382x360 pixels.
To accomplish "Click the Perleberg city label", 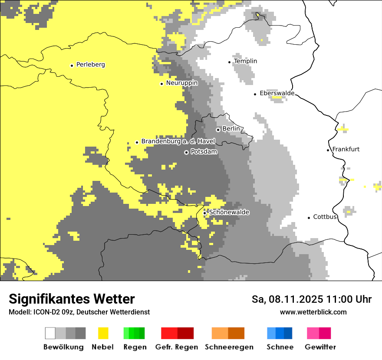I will click(x=90, y=65).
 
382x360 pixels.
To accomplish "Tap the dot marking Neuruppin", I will click(x=161, y=84).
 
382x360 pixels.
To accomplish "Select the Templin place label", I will click(x=245, y=61).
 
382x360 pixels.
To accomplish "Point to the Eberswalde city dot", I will click(x=255, y=94).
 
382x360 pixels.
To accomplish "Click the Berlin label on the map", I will click(x=231, y=129).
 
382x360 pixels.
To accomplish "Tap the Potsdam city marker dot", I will click(x=186, y=152).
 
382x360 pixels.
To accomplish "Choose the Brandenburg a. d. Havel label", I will click(x=178, y=141).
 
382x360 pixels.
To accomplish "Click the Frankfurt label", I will click(x=346, y=149).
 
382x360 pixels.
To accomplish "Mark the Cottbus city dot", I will click(x=309, y=217).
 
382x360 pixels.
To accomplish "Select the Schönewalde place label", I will click(x=229, y=212).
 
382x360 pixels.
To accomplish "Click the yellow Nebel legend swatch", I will click(x=103, y=333).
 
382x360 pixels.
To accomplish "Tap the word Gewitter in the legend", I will click(x=320, y=347).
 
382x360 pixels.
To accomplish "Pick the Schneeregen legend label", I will click(x=229, y=347).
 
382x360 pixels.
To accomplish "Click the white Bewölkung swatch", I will click(x=50, y=333).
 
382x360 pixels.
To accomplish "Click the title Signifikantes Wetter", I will click(x=72, y=299).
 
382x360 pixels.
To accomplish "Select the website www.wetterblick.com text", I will click(x=313, y=312).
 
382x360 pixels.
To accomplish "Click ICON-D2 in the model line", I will click(x=44, y=312).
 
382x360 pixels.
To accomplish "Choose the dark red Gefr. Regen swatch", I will click(x=185, y=333).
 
